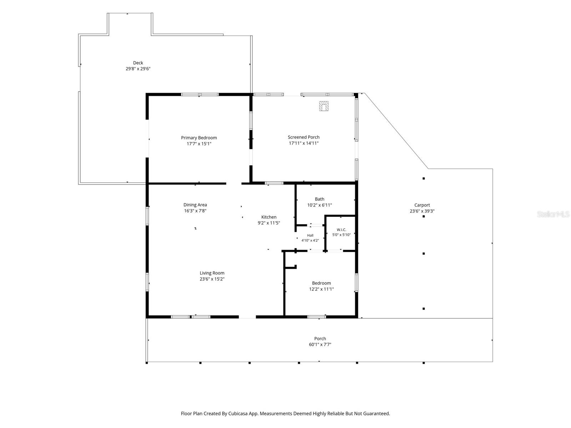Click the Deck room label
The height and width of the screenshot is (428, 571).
tap(138, 63)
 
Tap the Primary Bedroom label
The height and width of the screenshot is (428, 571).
tap(199, 138)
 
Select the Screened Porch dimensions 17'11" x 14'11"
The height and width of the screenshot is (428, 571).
tap(304, 143)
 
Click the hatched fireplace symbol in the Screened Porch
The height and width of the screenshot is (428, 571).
tap(324, 106)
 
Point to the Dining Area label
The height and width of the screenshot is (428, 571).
tap(195, 205)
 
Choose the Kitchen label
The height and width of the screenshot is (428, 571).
tap(269, 217)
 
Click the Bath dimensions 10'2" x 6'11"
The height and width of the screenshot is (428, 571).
tap(319, 205)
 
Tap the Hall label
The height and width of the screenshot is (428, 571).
tap(310, 235)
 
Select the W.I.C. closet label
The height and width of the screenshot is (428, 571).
tap(341, 230)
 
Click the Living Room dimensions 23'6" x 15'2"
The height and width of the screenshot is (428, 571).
tap(212, 279)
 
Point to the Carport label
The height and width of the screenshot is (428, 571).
tap(422, 205)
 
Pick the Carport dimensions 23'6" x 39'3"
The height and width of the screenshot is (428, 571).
tap(422, 211)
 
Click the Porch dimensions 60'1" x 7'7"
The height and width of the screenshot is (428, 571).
tap(320, 345)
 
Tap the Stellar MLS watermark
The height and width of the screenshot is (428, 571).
tap(553, 214)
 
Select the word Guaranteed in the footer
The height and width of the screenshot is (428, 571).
tap(375, 413)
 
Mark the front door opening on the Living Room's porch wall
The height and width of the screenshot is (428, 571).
tap(247, 317)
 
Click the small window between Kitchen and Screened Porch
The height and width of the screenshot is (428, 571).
tap(274, 183)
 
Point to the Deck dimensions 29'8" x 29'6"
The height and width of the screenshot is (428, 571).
tap(138, 69)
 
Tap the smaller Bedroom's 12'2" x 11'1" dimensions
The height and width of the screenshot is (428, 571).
tap(321, 289)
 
